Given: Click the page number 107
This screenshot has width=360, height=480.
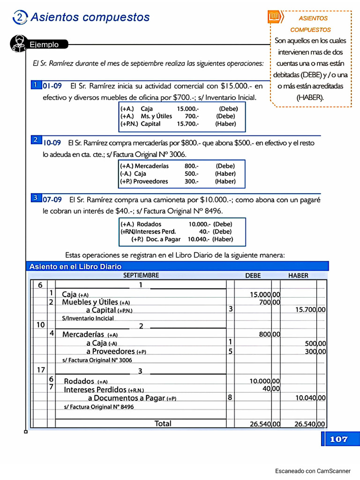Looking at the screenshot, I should coord(338,439).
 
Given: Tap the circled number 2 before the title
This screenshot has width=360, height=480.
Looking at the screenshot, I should coord(20,17).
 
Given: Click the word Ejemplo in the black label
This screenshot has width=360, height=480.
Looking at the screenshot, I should coord(44,45).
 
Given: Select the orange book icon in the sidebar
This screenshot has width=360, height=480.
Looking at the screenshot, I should coord(274,17).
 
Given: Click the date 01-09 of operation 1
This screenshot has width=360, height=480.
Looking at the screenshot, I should coord(52,86).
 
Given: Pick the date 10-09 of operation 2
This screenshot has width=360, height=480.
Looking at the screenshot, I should coord(52,142).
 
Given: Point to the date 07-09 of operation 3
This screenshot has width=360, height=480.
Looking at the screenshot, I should coord(52,199).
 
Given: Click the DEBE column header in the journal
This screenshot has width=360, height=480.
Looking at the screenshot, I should coord(253,276).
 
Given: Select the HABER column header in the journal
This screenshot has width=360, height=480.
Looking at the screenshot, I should coord(298,276).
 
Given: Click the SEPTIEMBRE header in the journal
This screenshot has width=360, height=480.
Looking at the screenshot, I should coord(141,276).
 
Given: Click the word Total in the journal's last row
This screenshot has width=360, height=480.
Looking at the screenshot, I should coord(163,424).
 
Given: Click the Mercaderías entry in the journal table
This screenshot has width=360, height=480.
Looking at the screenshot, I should coord(83,335).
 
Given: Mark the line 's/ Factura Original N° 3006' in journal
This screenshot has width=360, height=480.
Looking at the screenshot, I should coord(97,360).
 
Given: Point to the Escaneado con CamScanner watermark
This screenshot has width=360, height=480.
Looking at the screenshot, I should coord(312,471).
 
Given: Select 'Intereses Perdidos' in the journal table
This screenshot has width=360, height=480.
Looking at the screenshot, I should coord(95,390).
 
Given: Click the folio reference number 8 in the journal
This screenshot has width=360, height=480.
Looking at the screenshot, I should coord(230,397).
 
